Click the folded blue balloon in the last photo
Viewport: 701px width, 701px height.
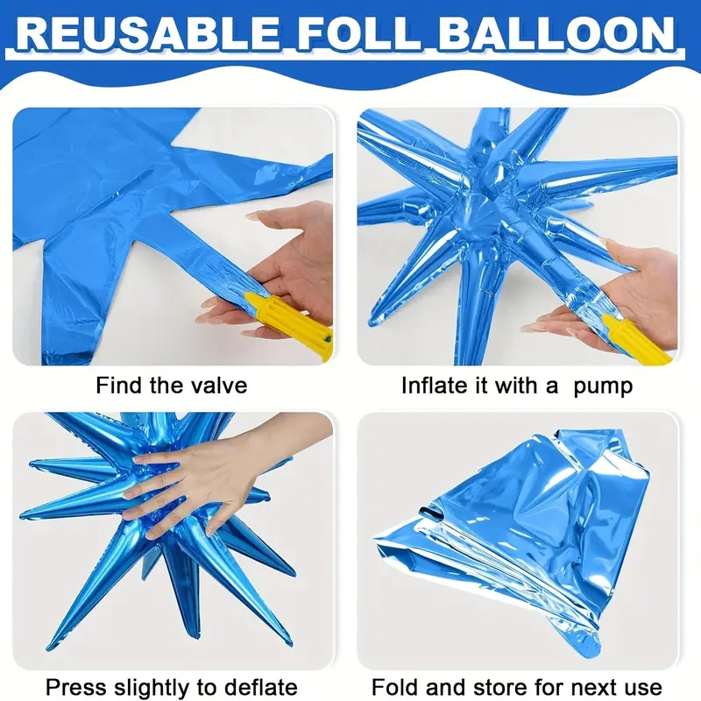pos(514,536)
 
